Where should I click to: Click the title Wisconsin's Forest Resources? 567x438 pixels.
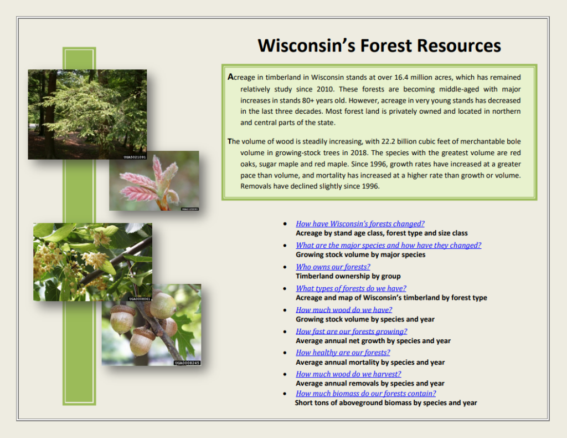[x=379, y=45]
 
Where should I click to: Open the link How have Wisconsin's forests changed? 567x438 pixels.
[x=360, y=224]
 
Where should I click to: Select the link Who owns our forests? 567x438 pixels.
[x=333, y=267]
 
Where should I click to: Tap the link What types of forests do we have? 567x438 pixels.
[x=350, y=288]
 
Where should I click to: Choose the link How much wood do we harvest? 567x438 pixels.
[x=348, y=374]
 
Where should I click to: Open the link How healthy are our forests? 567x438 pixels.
[x=343, y=353]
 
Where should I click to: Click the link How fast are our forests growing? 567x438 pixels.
[x=351, y=332]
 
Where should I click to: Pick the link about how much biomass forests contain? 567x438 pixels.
[x=365, y=394]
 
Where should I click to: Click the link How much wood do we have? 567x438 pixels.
[x=344, y=310]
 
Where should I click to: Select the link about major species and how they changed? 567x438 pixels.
[x=388, y=245]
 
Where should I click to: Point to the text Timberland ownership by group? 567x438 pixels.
[x=348, y=276]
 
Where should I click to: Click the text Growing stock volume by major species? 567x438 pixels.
[x=360, y=255]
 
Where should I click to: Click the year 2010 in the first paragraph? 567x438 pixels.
[x=322, y=89]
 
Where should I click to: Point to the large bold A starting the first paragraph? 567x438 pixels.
[x=231, y=77]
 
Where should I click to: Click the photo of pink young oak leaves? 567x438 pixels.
[x=154, y=180]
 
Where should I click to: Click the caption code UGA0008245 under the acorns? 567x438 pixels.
[x=187, y=363]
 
